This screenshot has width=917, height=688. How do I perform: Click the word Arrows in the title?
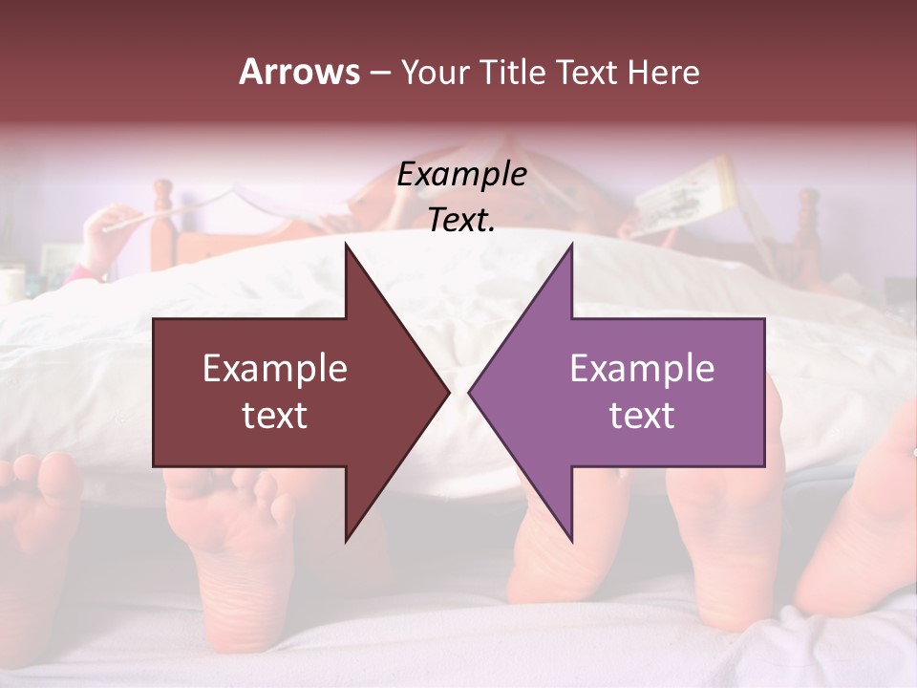click(299, 72)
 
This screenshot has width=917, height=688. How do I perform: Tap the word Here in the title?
click(663, 73)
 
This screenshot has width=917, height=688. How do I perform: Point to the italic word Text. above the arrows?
click(461, 221)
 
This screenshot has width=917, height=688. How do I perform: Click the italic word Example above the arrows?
click(461, 175)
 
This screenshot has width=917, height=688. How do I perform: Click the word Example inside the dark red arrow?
click(275, 369)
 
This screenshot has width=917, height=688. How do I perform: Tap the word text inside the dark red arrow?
click(275, 416)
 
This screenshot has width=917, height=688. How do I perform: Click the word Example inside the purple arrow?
click(642, 369)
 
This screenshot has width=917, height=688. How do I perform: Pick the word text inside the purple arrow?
click(642, 416)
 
